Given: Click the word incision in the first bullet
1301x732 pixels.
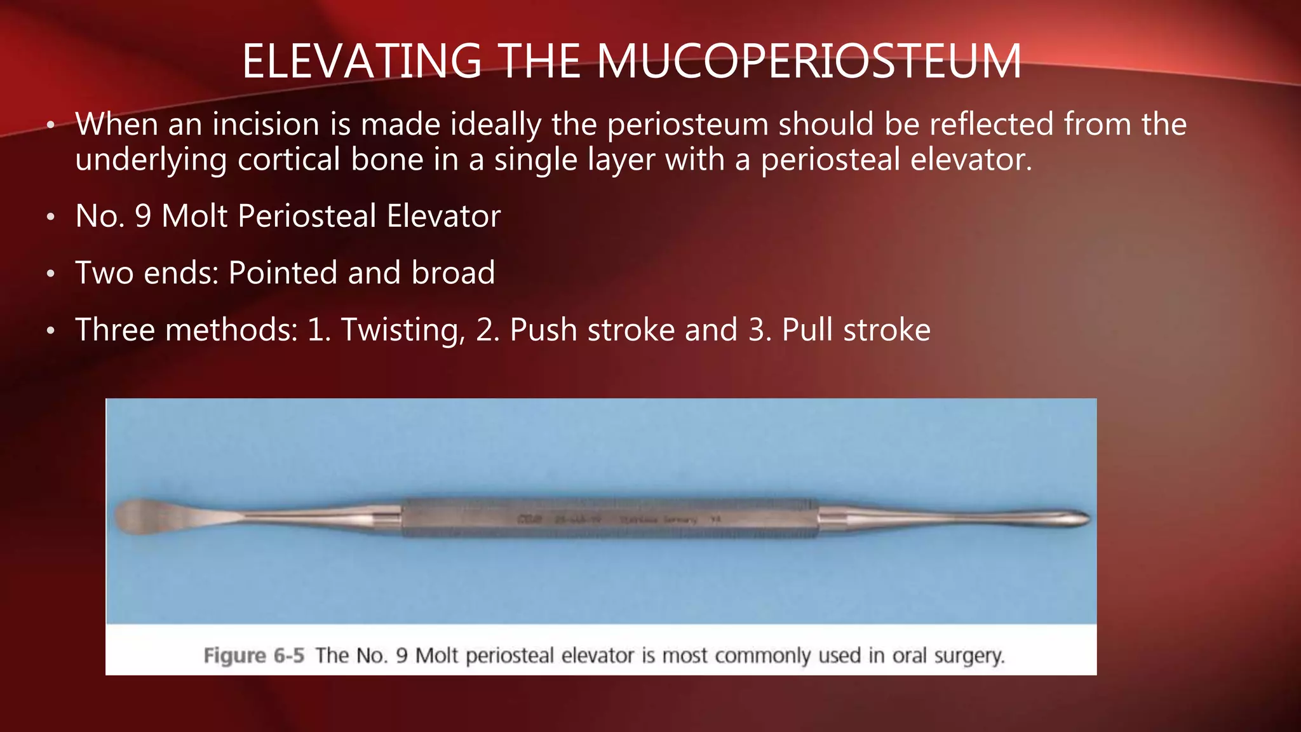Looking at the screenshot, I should tap(266, 124).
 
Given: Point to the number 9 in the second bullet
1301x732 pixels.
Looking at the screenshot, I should tap(143, 216).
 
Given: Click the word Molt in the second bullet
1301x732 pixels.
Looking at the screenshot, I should tap(194, 216).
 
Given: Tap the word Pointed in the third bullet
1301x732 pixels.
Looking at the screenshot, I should tap(283, 273).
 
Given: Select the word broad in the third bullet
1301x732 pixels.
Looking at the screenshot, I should tap(453, 273).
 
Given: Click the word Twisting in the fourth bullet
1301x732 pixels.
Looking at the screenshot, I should tap(400, 330).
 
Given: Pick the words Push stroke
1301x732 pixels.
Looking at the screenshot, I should tap(592, 330).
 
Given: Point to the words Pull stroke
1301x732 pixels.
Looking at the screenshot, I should tap(856, 330).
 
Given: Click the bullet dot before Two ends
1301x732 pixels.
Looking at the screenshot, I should tap(51, 274).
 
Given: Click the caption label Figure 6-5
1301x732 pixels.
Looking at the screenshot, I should tap(254, 655).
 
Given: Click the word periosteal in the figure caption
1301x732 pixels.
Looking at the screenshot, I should tap(510, 655).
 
